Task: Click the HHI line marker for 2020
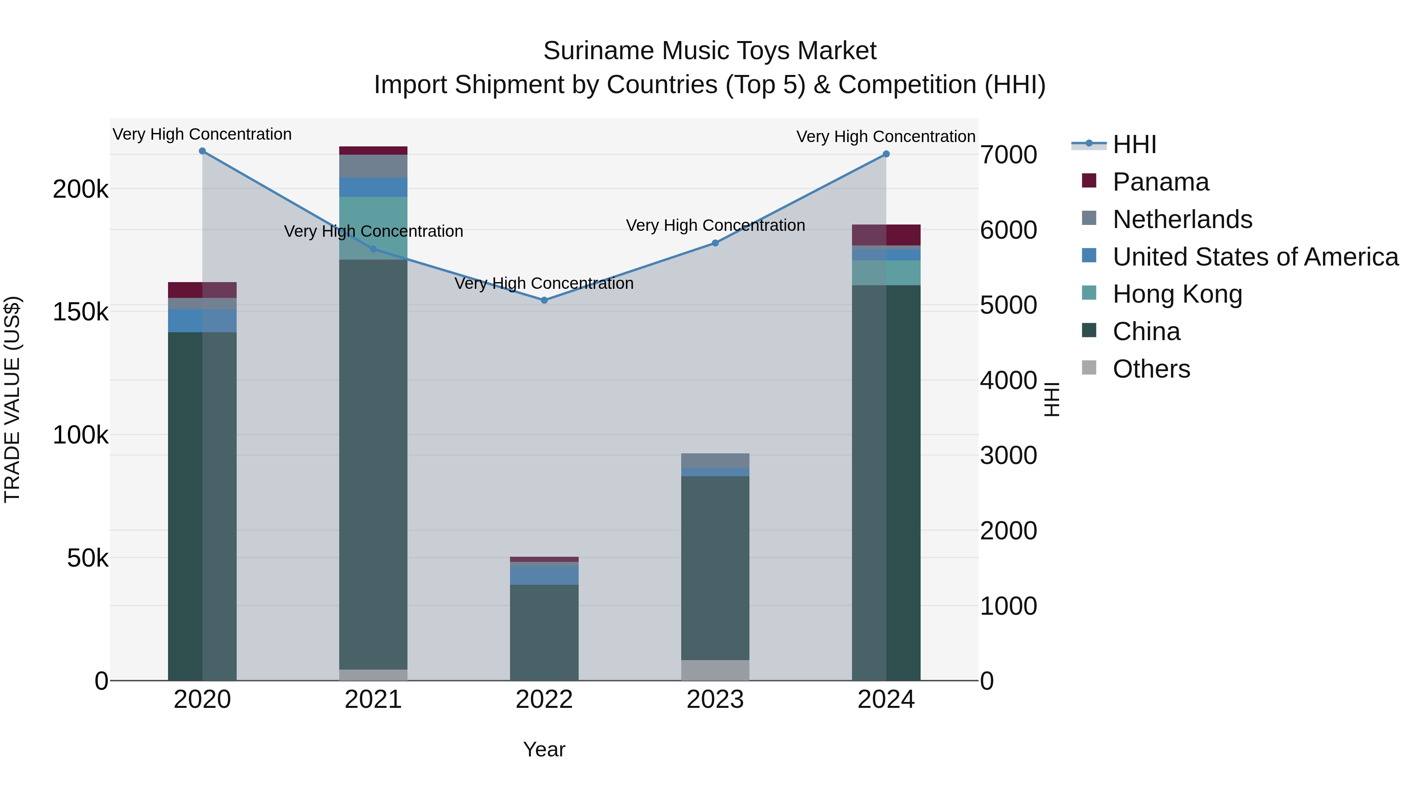click(x=202, y=151)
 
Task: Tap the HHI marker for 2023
click(x=715, y=243)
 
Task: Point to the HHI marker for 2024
click(x=886, y=154)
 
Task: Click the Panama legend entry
click(x=1160, y=182)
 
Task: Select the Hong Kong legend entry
click(x=1177, y=294)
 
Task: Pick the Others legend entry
click(x=1151, y=369)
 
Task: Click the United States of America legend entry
click(x=1255, y=257)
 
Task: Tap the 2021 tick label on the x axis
click(x=373, y=700)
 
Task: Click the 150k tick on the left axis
click(x=80, y=312)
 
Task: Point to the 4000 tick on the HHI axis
click(x=1008, y=380)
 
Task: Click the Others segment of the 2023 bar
click(x=715, y=670)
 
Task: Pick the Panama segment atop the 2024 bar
click(x=886, y=235)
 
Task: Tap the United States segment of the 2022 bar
click(x=544, y=576)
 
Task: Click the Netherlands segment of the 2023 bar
click(x=715, y=460)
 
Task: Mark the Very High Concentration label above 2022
click(x=544, y=283)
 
